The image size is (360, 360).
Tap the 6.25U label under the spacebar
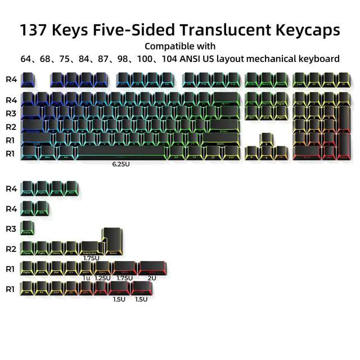(121, 165)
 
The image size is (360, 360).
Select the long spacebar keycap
(121, 152)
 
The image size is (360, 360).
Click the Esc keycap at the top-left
(27, 79)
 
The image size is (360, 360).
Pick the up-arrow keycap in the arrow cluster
(266, 139)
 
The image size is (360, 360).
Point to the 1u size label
(86, 277)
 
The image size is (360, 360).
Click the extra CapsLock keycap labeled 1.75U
(89, 247)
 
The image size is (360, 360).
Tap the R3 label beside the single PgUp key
(11, 229)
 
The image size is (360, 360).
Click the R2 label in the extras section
(11, 249)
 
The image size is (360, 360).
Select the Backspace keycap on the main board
(228, 100)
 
